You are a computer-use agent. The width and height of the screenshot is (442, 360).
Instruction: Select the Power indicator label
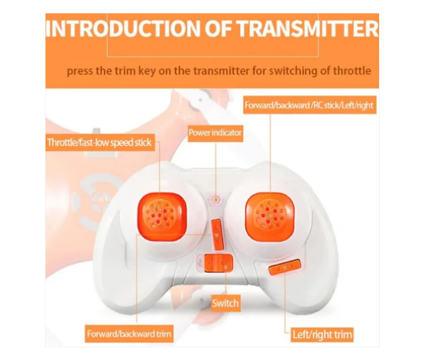215,132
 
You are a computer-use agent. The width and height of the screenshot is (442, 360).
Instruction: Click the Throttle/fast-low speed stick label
100,142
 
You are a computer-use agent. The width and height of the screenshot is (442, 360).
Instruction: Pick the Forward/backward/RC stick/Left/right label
308,106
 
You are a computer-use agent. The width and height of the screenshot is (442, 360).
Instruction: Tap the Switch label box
225,303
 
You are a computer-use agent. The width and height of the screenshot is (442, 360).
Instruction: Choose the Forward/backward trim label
129,333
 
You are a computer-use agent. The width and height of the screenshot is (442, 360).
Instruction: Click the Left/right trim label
322,334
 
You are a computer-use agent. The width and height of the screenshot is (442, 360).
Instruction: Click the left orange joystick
161,215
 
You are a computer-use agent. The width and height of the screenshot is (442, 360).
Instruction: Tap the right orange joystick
272,215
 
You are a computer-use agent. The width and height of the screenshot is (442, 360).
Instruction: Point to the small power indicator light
216,199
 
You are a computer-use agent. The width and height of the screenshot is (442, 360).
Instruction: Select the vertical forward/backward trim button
218,233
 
